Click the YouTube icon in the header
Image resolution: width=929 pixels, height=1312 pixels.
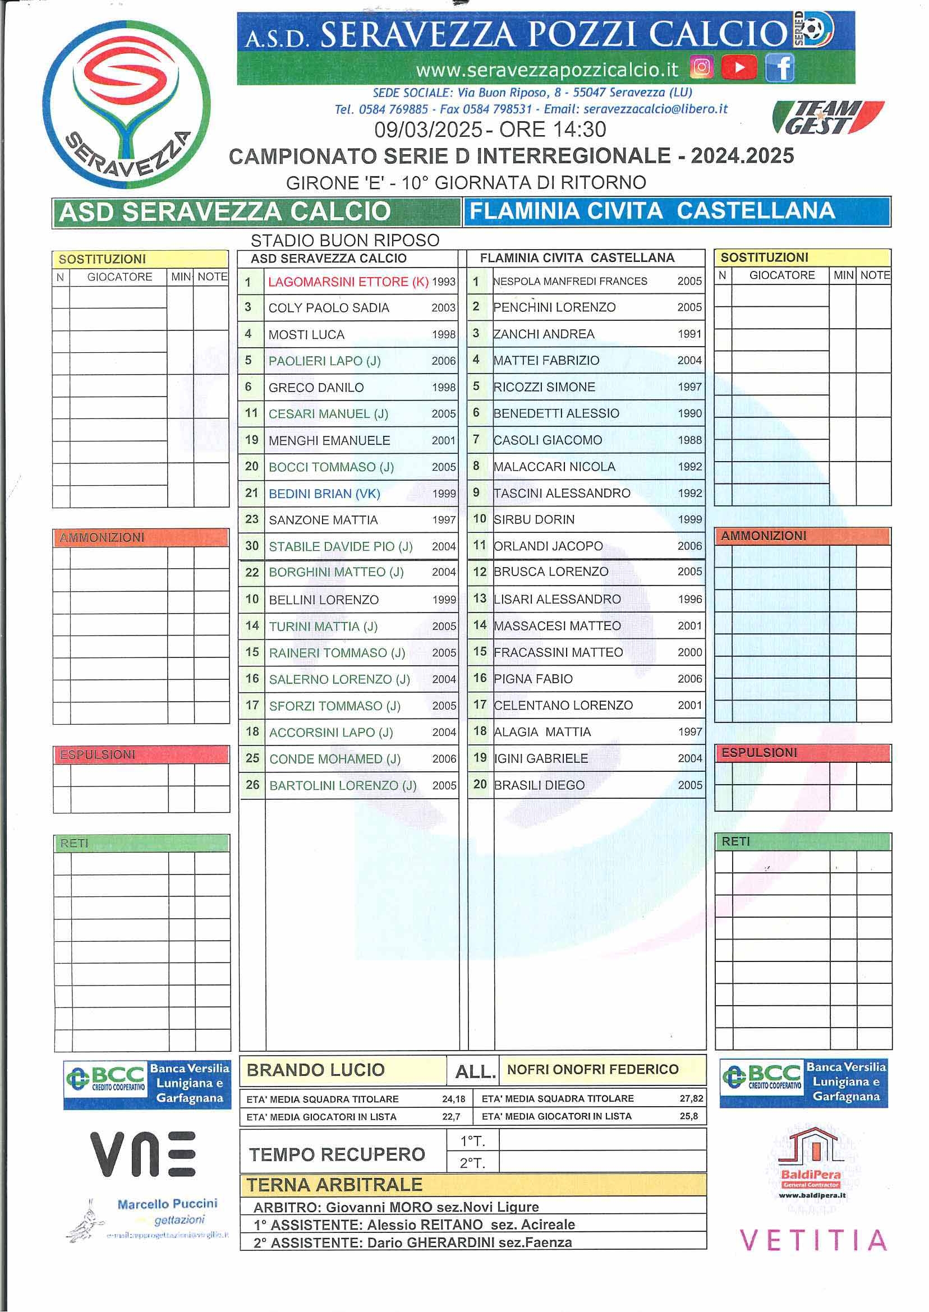point(739,68)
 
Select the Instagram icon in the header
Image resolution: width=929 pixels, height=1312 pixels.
point(702,68)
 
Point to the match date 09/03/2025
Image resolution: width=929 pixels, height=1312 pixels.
point(428,130)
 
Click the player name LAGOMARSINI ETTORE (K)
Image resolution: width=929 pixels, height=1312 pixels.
point(348,282)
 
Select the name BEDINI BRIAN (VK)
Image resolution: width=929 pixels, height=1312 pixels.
point(324,494)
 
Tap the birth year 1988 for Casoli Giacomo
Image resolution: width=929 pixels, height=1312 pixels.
point(689,440)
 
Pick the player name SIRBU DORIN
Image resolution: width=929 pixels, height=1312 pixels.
point(534,519)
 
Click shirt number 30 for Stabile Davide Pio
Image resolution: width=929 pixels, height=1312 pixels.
point(252,546)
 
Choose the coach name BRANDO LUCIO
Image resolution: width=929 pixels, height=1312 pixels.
point(315,1070)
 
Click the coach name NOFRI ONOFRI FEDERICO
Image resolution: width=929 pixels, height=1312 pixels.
point(592,1070)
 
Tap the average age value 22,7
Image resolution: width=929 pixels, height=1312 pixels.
point(451,1116)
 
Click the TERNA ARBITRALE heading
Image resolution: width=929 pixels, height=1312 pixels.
point(335,1185)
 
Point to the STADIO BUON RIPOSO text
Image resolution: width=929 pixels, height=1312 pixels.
point(345,240)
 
